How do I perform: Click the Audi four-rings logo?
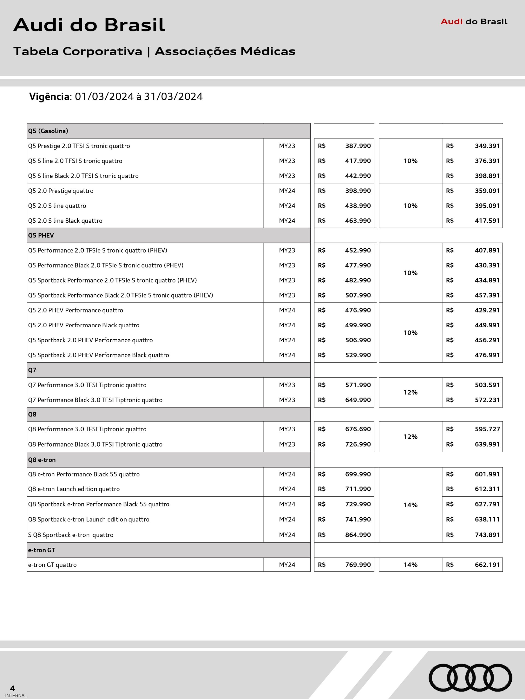(x=470, y=677)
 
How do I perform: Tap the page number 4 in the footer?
(x=12, y=688)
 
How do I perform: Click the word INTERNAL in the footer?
(x=16, y=696)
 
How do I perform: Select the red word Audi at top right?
(x=452, y=22)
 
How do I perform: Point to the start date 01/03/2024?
(x=104, y=97)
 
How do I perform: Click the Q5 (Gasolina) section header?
(x=48, y=131)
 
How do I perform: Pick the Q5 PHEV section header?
(x=41, y=235)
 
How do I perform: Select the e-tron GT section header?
(x=42, y=550)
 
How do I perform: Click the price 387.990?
(x=358, y=146)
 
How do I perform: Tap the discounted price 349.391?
(x=487, y=146)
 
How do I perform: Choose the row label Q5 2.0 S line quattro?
(x=57, y=206)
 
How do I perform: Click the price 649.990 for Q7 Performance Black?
(x=358, y=400)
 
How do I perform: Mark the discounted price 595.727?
(x=487, y=429)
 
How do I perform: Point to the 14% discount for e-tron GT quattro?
(x=410, y=565)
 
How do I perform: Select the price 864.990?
(x=358, y=535)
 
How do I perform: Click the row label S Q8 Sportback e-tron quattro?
(x=71, y=535)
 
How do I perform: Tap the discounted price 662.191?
(x=487, y=565)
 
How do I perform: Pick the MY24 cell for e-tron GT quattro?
(x=287, y=565)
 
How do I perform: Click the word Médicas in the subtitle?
(x=268, y=51)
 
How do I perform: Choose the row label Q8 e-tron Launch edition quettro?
(x=74, y=489)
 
